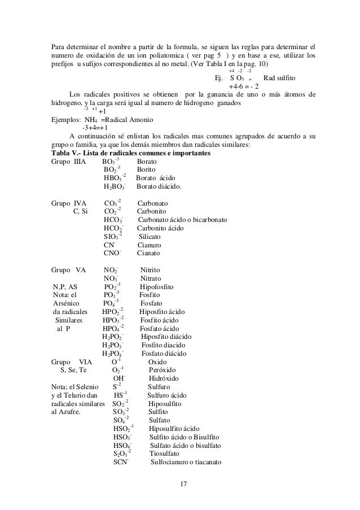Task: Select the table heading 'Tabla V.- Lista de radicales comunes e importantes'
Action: click(130, 154)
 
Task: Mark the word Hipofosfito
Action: click(156, 287)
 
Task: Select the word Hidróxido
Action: click(164, 379)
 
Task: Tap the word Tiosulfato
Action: click(164, 454)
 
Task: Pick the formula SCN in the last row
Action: click(120, 462)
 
